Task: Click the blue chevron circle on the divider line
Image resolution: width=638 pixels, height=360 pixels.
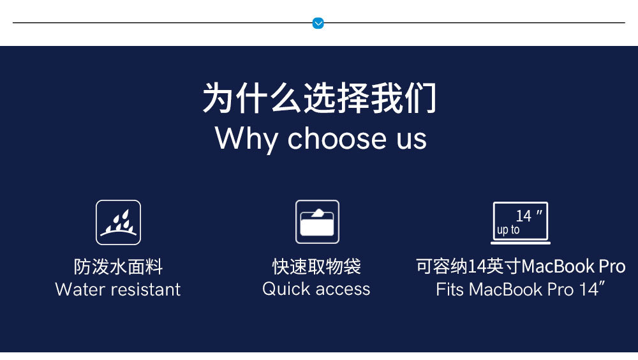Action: point(318,23)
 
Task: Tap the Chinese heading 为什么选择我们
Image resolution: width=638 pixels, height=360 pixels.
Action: point(320,98)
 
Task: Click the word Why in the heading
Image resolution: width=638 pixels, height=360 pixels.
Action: point(246,139)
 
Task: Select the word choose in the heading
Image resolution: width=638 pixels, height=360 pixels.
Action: point(337,138)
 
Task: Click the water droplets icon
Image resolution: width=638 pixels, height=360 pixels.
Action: point(119,222)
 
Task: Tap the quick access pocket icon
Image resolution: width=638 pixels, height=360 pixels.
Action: point(317,222)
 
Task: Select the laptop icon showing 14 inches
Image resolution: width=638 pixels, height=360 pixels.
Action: point(521,223)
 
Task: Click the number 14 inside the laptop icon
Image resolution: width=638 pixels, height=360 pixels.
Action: point(524,216)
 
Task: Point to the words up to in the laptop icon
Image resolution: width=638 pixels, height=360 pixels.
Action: point(508,230)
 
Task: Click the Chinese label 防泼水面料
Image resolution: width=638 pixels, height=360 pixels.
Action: point(119,267)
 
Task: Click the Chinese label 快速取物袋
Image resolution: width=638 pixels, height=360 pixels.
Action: point(316,266)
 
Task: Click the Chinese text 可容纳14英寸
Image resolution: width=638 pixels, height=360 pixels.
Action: point(468,266)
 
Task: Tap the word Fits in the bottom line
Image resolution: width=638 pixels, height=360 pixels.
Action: point(450,290)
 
